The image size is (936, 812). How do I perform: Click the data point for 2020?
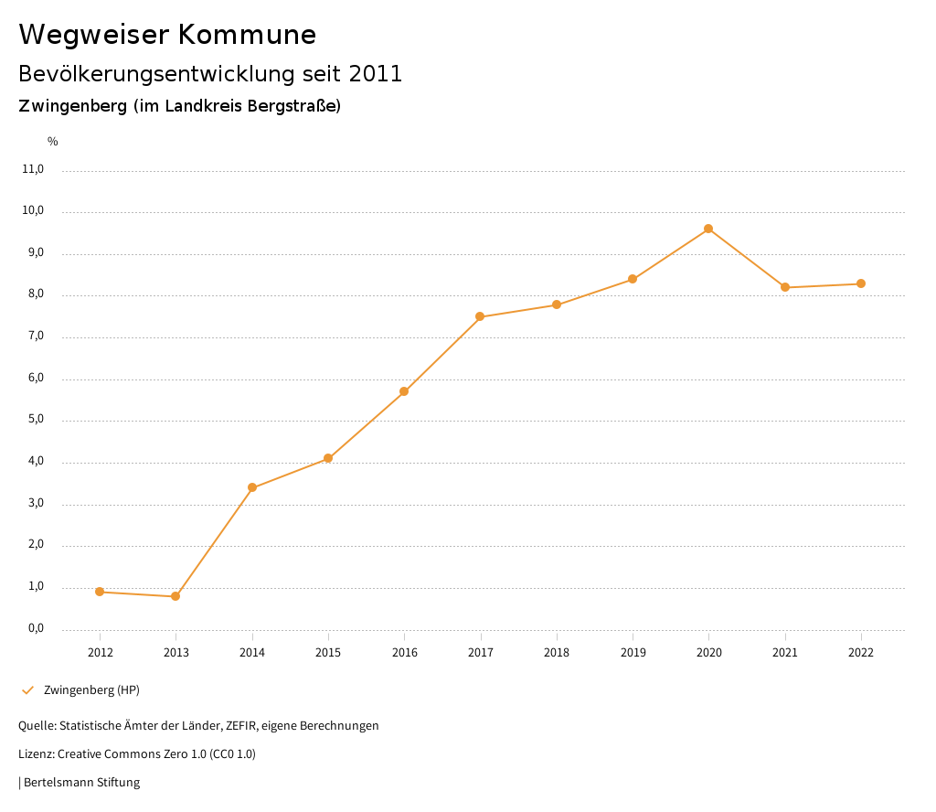pos(708,229)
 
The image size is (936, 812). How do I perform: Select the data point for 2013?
pos(175,596)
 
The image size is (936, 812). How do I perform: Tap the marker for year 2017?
pos(480,316)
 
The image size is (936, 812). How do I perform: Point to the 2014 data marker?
pos(252,487)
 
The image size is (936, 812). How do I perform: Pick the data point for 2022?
pos(861,283)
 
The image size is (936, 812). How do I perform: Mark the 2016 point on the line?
pos(404,391)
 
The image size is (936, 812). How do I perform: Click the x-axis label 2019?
pos(633,653)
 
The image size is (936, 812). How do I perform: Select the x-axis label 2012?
pos(100,653)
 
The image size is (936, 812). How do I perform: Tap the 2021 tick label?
pos(785,653)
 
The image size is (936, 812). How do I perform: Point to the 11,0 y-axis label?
pos(33,169)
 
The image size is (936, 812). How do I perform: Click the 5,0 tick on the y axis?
pos(36,420)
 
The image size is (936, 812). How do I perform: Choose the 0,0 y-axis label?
pos(36,628)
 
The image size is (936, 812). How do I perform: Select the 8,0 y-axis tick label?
pos(36,294)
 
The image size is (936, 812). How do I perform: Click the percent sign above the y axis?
pos(53,142)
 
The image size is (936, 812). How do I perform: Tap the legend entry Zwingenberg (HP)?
pos(91,689)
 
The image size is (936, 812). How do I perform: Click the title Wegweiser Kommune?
pos(167,35)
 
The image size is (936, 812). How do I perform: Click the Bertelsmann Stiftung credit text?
pos(81,783)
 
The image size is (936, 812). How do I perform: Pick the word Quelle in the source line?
pos(36,726)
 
